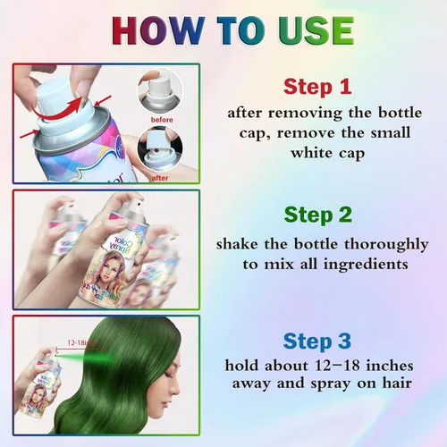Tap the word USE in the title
click(316, 30)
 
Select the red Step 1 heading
click(317, 87)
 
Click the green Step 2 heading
click(318, 215)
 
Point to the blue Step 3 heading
click(317, 342)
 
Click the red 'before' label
click(162, 120)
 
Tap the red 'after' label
click(160, 178)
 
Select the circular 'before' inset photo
click(160, 91)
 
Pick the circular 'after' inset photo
click(160, 148)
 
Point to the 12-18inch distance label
click(82, 342)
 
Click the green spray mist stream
click(83, 357)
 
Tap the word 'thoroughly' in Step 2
click(386, 245)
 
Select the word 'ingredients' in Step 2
click(366, 265)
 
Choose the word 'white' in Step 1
click(312, 153)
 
